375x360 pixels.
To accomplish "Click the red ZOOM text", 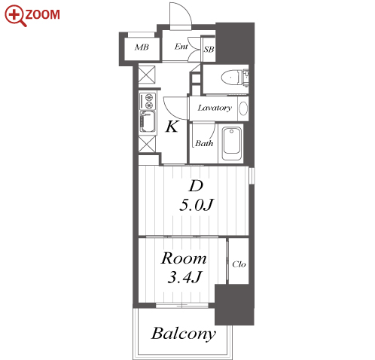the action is tap(42, 14).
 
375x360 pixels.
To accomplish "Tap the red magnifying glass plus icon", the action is tap(15, 16).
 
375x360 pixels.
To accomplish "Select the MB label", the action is tap(142, 47).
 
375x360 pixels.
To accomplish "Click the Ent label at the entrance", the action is tap(181, 47).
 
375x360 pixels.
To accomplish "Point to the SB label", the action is tap(209, 50).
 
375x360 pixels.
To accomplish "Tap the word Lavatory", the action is tap(215, 108).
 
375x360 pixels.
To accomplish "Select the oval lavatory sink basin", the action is tap(243, 108).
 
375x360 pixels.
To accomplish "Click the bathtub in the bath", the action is tap(232, 144).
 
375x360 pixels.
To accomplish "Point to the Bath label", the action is tap(204, 143).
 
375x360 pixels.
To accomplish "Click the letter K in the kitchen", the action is tap(172, 127).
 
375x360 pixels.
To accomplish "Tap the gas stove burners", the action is tap(148, 101).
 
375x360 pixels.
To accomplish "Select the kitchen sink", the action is tap(148, 122).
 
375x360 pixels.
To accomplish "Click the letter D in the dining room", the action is tap(196, 186).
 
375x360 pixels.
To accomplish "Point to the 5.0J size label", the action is tap(197, 205).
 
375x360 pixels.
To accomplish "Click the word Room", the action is tap(184, 258).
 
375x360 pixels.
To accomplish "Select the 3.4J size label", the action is tap(184, 277).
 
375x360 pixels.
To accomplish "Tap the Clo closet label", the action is tap(239, 264).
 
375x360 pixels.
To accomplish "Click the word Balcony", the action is tap(184, 334).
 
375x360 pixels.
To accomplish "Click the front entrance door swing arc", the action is tap(186, 9).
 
